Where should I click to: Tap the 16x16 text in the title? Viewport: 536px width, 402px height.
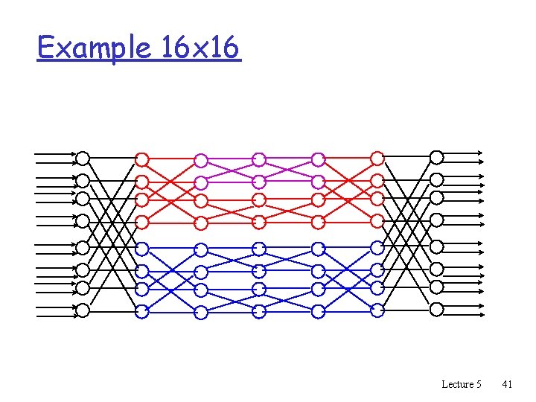coord(200,48)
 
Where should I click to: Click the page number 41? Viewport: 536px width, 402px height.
coord(507,384)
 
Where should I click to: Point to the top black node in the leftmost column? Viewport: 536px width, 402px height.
coord(83,158)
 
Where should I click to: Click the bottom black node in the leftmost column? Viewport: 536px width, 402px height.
coord(83,309)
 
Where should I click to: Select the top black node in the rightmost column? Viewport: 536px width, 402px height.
coord(437,157)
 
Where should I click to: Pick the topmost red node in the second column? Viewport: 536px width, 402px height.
coord(142,159)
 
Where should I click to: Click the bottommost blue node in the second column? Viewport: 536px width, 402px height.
coord(142,311)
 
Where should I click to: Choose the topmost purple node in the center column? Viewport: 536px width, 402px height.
coord(259,159)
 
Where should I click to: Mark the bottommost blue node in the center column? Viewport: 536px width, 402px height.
coord(259,310)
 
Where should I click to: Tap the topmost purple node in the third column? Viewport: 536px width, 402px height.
coord(201,160)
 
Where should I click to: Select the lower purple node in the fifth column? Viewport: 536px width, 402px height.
coord(319,182)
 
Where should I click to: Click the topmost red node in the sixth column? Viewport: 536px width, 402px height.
coord(377,159)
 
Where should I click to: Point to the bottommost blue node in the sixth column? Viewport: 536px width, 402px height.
coord(377,310)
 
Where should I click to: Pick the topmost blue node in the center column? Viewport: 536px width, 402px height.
coord(259,249)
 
